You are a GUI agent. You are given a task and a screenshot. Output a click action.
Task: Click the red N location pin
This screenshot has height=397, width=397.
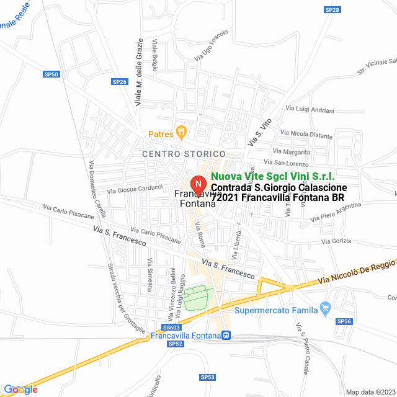click(x=198, y=184)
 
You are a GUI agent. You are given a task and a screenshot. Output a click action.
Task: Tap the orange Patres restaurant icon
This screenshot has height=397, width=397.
click(x=182, y=132)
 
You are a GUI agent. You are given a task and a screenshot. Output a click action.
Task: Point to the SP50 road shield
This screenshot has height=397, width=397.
click(x=53, y=74)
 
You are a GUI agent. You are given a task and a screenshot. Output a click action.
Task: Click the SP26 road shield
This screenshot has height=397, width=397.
click(x=119, y=82)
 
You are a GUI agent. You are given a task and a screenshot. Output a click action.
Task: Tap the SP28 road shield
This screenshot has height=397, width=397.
click(x=332, y=10)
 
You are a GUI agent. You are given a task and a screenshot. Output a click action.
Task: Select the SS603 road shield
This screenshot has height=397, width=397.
click(x=171, y=327)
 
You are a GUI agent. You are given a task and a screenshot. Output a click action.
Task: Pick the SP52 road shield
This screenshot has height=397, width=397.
click(x=176, y=344)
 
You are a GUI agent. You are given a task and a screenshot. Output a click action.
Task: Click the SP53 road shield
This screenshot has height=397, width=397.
click(x=207, y=377)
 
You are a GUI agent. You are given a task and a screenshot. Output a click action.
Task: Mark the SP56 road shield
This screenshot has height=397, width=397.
click(x=344, y=321)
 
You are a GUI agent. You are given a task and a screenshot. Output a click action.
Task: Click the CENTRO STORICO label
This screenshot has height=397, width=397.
click(x=184, y=153)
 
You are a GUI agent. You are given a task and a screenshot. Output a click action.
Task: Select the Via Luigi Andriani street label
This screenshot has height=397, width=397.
click(x=310, y=109)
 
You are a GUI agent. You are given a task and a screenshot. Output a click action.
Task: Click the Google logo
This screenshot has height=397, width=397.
click(x=20, y=390)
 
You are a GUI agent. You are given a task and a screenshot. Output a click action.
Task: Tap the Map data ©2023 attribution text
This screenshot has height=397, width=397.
click(x=370, y=392)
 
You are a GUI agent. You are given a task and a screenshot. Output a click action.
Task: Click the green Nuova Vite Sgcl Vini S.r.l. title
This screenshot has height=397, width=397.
click(x=268, y=177)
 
